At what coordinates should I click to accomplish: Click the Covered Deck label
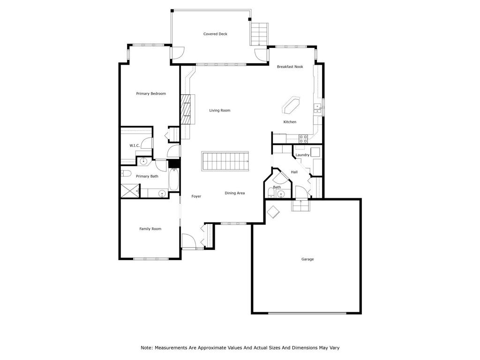pyautogui.click(x=215, y=34)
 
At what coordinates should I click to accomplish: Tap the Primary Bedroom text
pyautogui.click(x=151, y=94)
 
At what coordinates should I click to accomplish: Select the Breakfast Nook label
pyautogui.click(x=290, y=67)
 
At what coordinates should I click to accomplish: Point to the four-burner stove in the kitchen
pyautogui.click(x=303, y=138)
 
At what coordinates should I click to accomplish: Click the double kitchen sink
pyautogui.click(x=318, y=108)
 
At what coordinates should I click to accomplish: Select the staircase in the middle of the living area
pyautogui.click(x=225, y=161)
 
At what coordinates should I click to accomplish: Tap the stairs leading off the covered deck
pyautogui.click(x=259, y=34)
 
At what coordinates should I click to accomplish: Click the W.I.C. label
pyautogui.click(x=135, y=146)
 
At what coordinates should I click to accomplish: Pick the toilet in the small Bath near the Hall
pyautogui.click(x=271, y=193)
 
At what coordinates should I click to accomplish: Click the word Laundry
pyautogui.click(x=302, y=155)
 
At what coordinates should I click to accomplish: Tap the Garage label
pyautogui.click(x=307, y=259)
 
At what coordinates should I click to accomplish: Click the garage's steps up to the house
pyautogui.click(x=300, y=205)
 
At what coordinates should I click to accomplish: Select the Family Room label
pyautogui.click(x=150, y=229)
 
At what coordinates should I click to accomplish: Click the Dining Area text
pyautogui.click(x=234, y=193)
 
